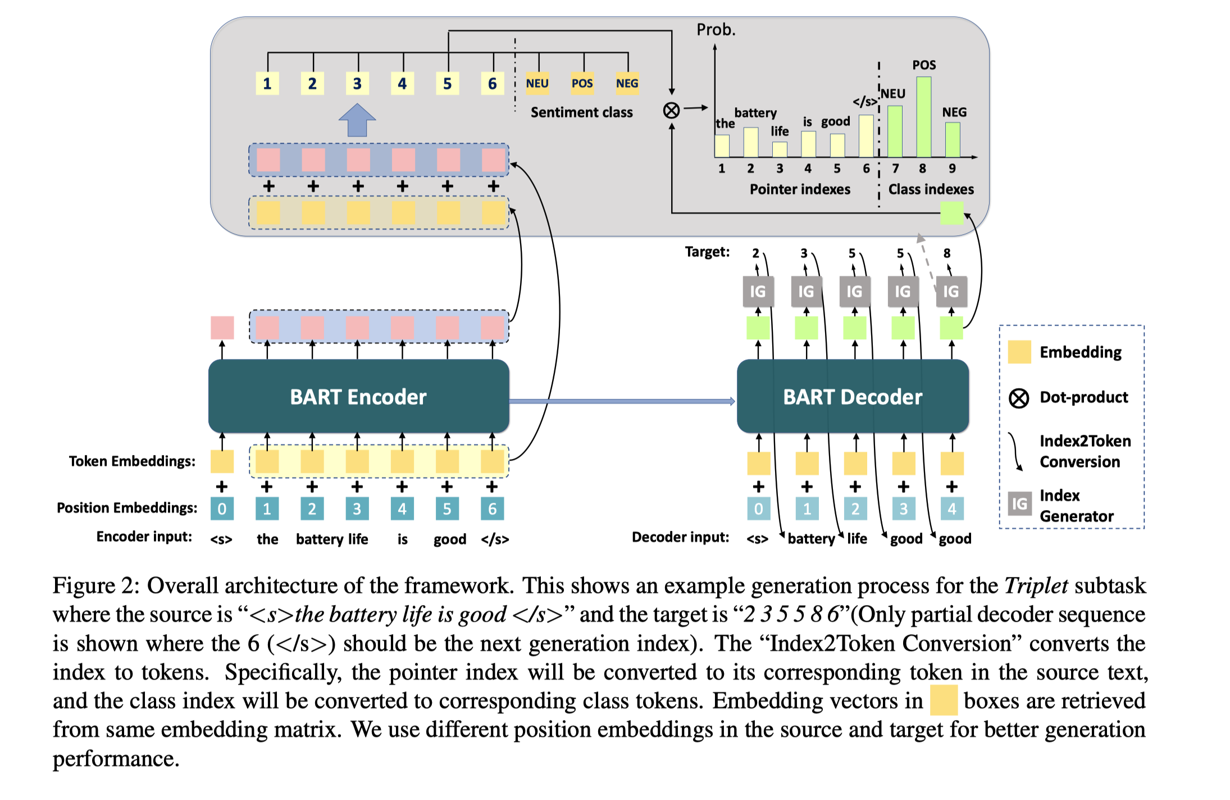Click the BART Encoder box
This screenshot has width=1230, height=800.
(x=358, y=397)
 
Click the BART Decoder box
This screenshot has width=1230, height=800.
(x=853, y=397)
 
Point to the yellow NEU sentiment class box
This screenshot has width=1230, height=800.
(x=537, y=84)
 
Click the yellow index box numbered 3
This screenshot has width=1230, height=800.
(x=358, y=84)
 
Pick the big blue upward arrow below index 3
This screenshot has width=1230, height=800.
(x=357, y=120)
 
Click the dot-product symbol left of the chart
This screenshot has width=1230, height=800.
(x=671, y=111)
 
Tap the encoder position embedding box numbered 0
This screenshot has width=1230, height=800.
(x=222, y=509)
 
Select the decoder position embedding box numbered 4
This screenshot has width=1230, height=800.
(x=952, y=509)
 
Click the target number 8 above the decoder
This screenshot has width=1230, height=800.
(x=947, y=253)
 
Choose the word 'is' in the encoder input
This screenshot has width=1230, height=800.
(x=403, y=539)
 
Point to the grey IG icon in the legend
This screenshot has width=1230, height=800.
(x=1019, y=504)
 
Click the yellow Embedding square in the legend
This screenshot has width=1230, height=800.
(x=1019, y=352)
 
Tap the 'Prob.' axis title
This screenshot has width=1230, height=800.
(x=716, y=30)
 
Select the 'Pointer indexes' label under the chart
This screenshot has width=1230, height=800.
(x=800, y=189)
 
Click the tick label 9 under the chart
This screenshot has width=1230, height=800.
(x=952, y=169)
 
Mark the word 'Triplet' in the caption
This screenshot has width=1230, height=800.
(x=1036, y=586)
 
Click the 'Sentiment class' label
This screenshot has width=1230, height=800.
(x=581, y=112)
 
